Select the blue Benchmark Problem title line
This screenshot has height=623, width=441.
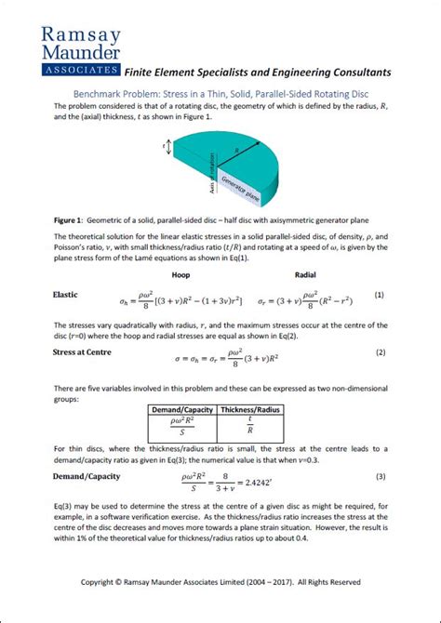coord(220,93)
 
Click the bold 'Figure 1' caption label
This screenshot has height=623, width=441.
coord(71,220)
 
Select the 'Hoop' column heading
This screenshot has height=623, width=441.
coord(182,275)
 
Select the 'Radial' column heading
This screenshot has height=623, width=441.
coord(305,275)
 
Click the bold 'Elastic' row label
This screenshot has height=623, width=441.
coord(65,295)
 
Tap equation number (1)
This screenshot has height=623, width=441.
coord(380,295)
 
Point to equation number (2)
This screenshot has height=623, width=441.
coord(380,353)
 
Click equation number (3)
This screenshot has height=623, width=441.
coord(380,477)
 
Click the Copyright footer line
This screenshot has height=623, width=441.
coord(220,582)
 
